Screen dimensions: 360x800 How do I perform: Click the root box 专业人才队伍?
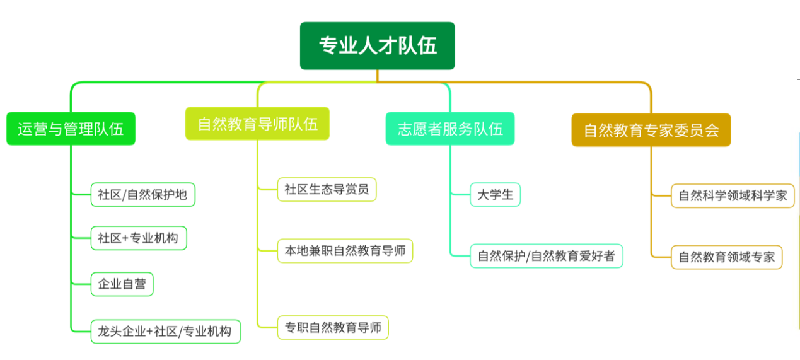(377, 46)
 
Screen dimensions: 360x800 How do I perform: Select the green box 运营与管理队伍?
(71, 129)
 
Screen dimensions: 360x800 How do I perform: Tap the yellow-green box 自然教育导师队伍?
(257, 124)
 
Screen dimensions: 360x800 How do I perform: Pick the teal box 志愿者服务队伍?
(450, 129)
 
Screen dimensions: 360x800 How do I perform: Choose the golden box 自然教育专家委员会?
(651, 131)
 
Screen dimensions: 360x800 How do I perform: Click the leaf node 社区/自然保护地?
(142, 194)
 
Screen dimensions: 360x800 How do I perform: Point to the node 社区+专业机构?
(138, 238)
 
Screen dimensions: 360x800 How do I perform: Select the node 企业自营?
(122, 284)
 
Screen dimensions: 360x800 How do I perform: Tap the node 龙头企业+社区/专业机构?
(165, 331)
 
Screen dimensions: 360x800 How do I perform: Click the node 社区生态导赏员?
(327, 189)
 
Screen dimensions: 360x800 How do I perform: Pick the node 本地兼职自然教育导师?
(345, 251)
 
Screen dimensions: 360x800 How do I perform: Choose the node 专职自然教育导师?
(333, 327)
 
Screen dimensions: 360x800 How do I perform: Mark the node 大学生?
(495, 195)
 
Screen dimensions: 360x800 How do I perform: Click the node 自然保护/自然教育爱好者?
(546, 256)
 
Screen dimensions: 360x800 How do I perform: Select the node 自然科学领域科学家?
(733, 196)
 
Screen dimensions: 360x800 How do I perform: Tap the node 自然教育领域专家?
(726, 257)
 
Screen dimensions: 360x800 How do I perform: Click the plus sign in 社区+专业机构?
(125, 238)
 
